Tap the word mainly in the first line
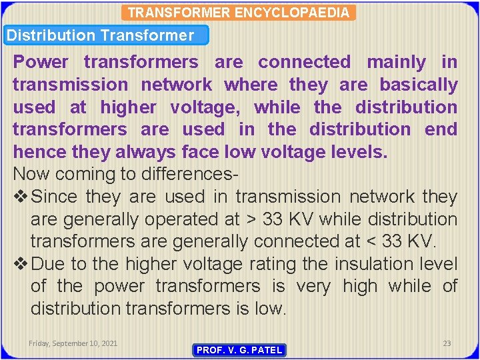(x=396, y=62)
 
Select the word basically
(x=419, y=85)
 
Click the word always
(x=146, y=152)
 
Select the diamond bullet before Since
(x=20, y=197)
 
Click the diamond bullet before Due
(x=20, y=264)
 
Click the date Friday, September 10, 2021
(x=73, y=343)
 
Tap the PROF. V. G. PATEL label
(x=239, y=350)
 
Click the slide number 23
(x=447, y=343)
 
